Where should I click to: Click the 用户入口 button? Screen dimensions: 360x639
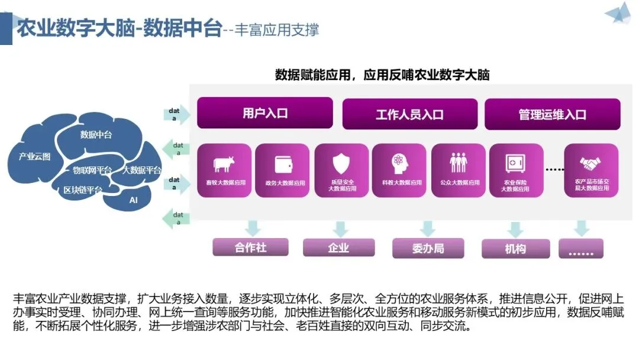coord(264,113)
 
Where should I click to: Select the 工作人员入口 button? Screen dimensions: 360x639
coord(409,114)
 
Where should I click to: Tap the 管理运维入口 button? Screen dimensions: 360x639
coord(552,114)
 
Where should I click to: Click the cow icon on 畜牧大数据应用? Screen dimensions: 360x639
coord(224,163)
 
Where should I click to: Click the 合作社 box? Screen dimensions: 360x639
coord(250,247)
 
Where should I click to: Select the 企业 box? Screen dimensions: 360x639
coord(338,248)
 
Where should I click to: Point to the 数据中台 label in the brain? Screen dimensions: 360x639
coord(96,134)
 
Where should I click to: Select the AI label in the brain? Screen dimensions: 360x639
coord(133,200)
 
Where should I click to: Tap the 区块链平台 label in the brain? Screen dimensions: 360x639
coord(83,190)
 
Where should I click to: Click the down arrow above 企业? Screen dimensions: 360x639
coord(340,229)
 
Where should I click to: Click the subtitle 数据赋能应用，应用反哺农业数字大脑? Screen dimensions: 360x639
coord(382,75)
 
